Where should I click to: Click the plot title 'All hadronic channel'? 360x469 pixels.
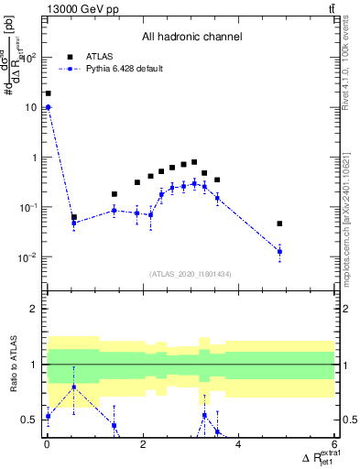coord(191,38)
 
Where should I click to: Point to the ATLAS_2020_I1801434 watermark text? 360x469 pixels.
coord(191,274)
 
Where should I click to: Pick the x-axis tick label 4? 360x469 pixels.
coord(238,444)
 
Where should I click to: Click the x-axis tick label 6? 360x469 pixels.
coord(334,444)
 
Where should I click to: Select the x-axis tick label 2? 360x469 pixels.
coord(143,444)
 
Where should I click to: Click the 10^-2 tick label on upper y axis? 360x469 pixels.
coord(27,257)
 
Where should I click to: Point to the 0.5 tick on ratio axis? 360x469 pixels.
coord(30,420)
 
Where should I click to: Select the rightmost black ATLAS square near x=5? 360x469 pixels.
coord(279,224)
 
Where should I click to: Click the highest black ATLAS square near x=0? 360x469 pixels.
coord(48,93)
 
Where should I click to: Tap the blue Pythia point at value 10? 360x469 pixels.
coord(48,107)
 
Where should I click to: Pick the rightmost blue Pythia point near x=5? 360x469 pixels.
coord(279,251)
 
